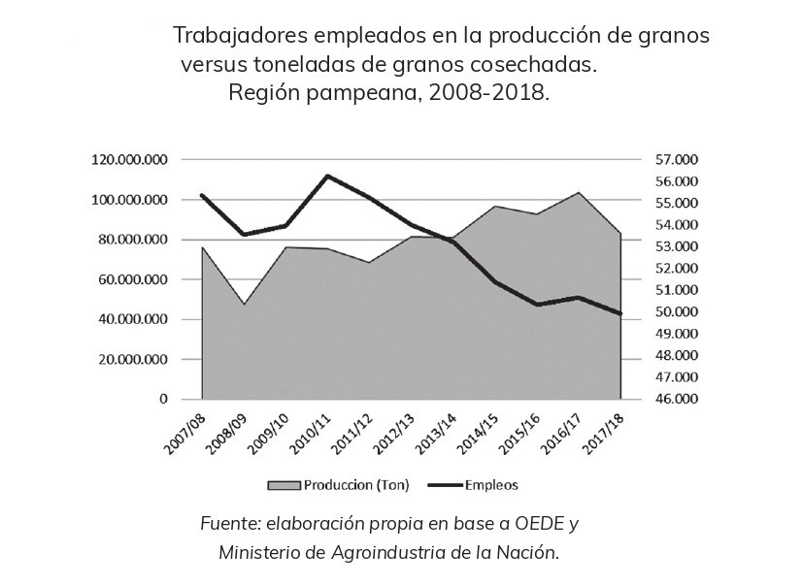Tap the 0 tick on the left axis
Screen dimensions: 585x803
(x=163, y=399)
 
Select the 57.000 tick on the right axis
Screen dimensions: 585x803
(x=676, y=160)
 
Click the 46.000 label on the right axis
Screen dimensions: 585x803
(x=676, y=399)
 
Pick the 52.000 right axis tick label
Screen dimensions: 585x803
(x=676, y=269)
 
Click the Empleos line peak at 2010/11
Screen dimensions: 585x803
(x=328, y=176)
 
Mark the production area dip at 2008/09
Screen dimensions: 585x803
(x=244, y=305)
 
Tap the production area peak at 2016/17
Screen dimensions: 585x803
(x=580, y=192)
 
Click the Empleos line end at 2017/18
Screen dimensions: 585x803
(x=620, y=313)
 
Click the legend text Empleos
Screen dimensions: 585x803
(x=491, y=483)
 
